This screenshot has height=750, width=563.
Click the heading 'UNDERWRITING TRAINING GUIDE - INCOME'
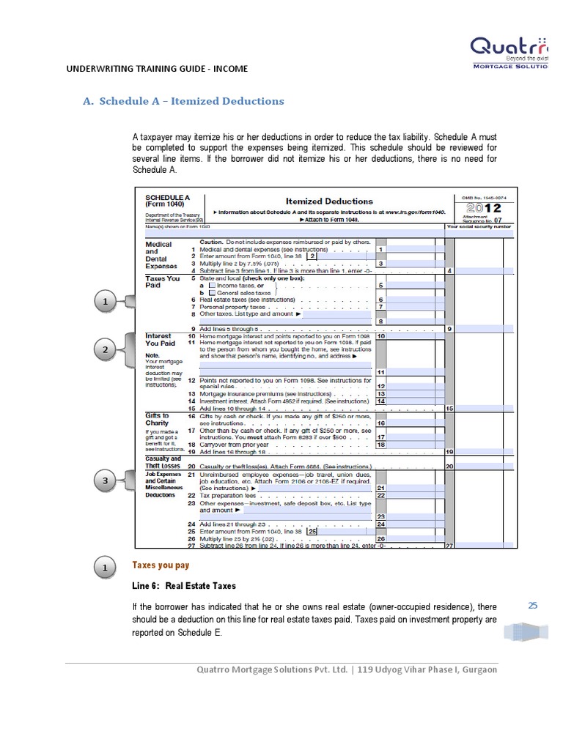click(157, 69)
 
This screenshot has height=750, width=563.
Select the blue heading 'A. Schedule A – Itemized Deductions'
click(183, 101)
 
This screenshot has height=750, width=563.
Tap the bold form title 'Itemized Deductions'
click(328, 201)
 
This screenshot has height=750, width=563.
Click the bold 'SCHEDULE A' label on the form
click(168, 198)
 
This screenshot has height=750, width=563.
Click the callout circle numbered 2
click(106, 350)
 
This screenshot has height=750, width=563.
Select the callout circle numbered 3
click(106, 480)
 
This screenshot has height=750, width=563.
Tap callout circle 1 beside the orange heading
click(106, 568)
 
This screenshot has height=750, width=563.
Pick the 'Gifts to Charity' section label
click(158, 420)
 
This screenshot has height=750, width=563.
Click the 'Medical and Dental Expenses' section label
click(160, 255)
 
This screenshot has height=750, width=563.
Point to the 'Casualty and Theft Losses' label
click(163, 462)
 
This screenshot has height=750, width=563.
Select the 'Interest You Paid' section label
click(161, 339)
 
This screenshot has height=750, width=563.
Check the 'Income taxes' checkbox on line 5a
click(212, 286)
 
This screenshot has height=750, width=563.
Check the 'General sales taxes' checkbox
click(212, 292)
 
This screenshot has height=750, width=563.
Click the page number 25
click(533, 605)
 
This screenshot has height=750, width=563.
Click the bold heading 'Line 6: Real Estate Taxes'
click(184, 586)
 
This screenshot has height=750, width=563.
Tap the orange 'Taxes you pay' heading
click(161, 565)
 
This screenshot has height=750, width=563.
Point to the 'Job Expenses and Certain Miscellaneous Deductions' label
click(161, 485)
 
